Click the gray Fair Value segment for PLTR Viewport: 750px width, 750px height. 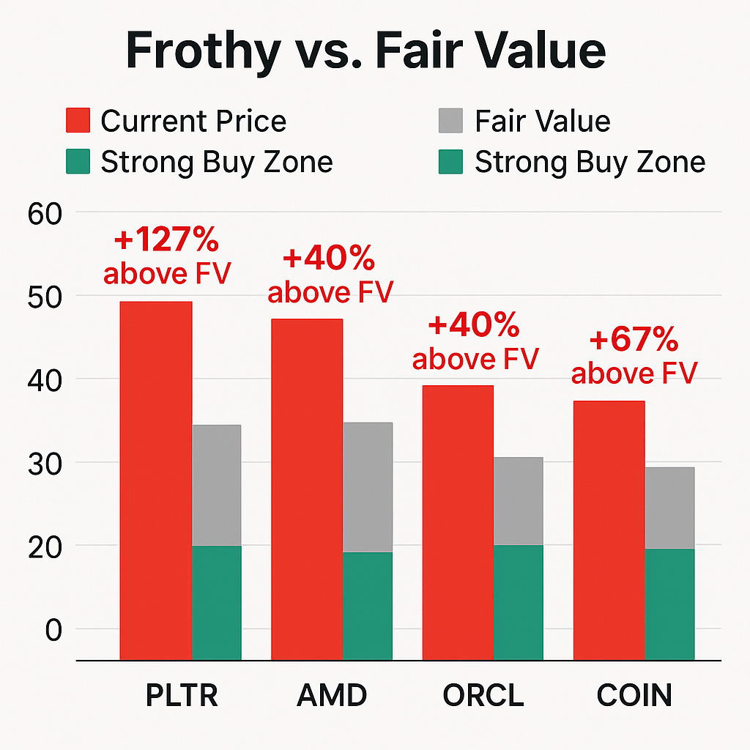tap(217, 485)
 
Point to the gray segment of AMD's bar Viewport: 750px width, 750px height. tap(368, 487)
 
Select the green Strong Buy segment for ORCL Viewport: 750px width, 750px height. tap(519, 602)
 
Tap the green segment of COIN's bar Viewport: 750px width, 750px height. tap(669, 604)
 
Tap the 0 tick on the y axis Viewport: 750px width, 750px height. tap(54, 630)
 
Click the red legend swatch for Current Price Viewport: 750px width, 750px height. tap(78, 121)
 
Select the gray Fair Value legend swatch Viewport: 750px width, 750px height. tap(451, 121)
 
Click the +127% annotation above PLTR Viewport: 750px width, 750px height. tap(167, 241)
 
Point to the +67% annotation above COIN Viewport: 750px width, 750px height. tap(634, 341)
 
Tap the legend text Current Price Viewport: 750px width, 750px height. tap(193, 121)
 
